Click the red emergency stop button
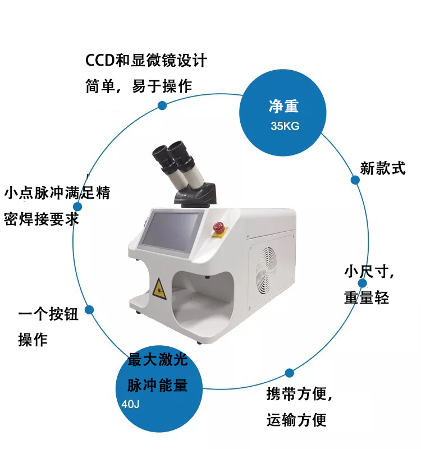(218, 227)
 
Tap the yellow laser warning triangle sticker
(159, 288)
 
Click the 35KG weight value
(285, 126)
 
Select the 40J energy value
(130, 404)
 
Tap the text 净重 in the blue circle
(283, 106)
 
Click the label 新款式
(383, 168)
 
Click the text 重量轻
(367, 297)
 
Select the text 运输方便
(296, 420)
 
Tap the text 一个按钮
(48, 314)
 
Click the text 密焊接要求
(41, 219)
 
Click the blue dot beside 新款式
(355, 180)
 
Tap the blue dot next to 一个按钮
(89, 310)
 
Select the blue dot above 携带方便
(290, 373)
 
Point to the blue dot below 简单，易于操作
(162, 106)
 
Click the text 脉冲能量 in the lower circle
(158, 385)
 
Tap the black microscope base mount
(195, 194)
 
